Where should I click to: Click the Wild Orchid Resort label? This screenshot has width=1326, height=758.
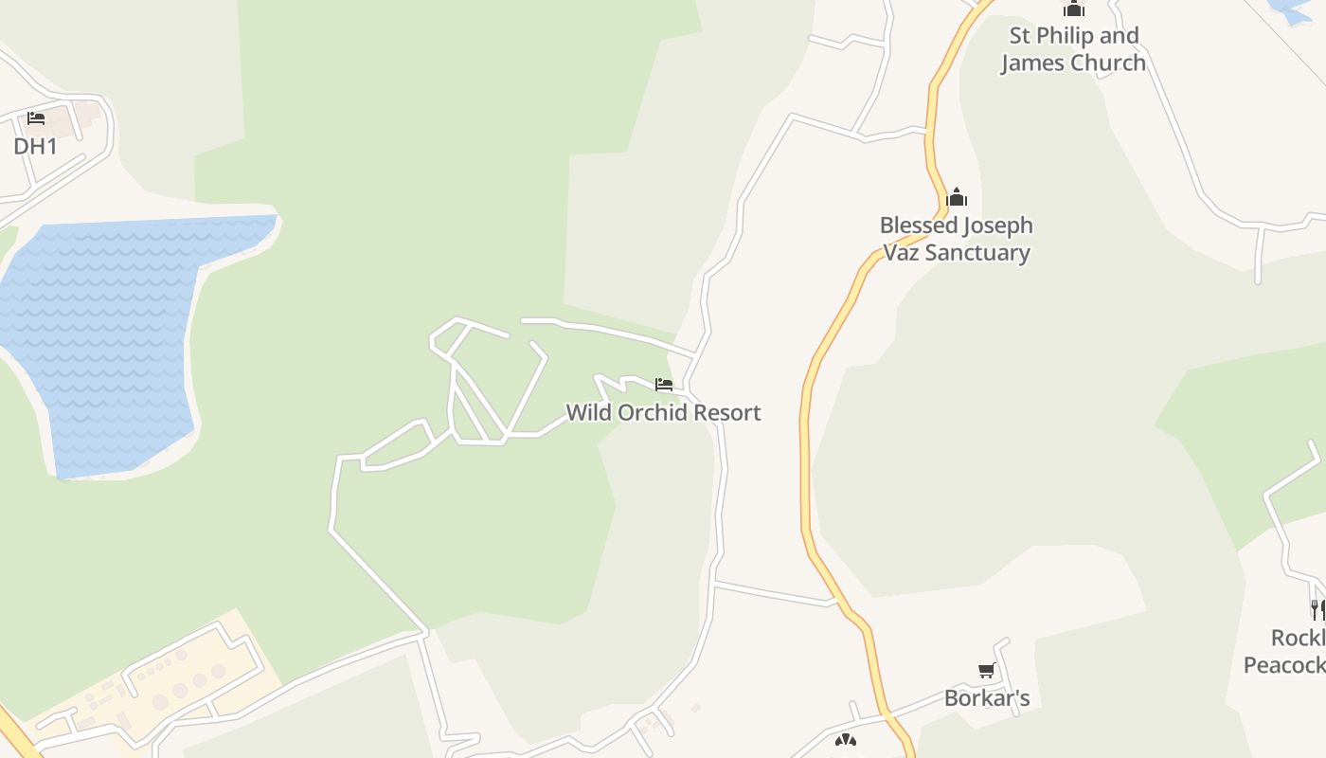pyautogui.click(x=663, y=413)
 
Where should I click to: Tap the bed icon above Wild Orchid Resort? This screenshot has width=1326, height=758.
pyautogui.click(x=664, y=385)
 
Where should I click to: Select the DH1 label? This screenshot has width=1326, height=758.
pyautogui.click(x=35, y=146)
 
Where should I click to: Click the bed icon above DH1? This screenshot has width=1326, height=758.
pyautogui.click(x=36, y=118)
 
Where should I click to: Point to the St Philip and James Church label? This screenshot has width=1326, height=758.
pyautogui.click(x=1073, y=49)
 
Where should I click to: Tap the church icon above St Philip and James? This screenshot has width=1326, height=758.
pyautogui.click(x=1073, y=9)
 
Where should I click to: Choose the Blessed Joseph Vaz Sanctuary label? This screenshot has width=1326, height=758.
pyautogui.click(x=956, y=239)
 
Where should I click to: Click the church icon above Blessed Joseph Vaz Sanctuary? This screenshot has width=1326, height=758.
pyautogui.click(x=957, y=197)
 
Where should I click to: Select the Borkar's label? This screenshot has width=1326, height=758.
pyautogui.click(x=986, y=699)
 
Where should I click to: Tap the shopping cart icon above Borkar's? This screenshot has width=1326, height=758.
pyautogui.click(x=986, y=671)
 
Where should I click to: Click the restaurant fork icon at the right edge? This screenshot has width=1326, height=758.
pyautogui.click(x=1317, y=608)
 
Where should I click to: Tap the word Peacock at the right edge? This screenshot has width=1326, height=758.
pyautogui.click(x=1283, y=665)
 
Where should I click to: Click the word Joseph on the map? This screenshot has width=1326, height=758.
pyautogui.click(x=995, y=226)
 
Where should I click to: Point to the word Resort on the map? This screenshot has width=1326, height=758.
pyautogui.click(x=726, y=413)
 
